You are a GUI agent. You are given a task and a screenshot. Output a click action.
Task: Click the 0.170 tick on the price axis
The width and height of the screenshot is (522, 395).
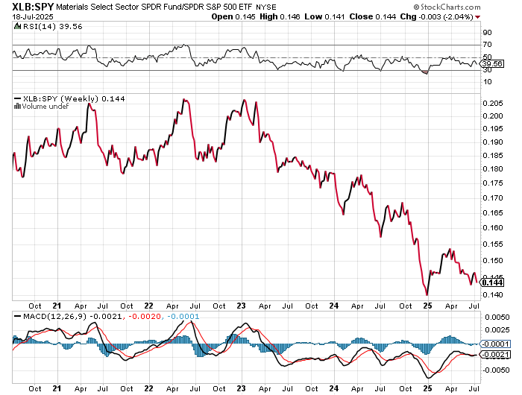[492, 198]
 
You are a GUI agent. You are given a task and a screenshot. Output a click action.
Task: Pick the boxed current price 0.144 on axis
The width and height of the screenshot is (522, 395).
[493, 282]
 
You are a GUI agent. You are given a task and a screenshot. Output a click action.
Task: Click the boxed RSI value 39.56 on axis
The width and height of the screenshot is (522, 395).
[491, 65]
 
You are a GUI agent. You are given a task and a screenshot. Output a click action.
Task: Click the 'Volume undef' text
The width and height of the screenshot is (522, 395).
[43, 107]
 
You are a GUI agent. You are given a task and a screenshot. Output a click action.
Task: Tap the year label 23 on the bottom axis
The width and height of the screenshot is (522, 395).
[242, 306]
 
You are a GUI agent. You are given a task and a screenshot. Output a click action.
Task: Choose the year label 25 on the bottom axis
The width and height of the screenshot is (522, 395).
[429, 306]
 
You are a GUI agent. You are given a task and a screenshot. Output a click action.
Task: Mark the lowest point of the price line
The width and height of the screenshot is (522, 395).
[427, 295]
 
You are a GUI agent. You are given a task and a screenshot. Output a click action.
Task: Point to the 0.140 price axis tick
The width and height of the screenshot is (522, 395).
[492, 294]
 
